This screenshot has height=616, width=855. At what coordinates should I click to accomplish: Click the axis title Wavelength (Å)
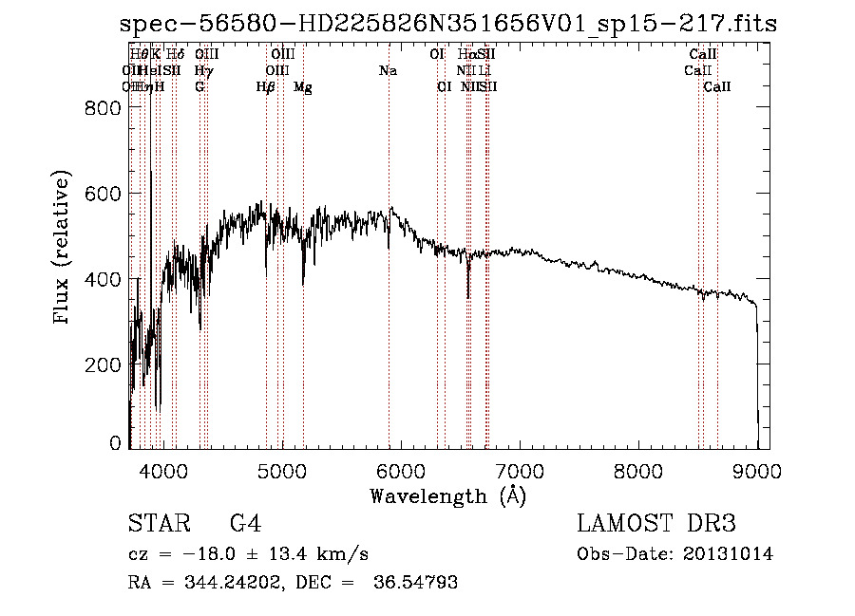click(447, 495)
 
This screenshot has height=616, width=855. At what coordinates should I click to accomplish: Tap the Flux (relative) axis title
click(63, 249)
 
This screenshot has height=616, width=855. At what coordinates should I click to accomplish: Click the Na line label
click(388, 71)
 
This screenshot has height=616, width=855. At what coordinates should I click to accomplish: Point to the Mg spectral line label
click(303, 87)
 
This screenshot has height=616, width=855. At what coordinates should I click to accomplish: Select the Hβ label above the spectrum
click(266, 87)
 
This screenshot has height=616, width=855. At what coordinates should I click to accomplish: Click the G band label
click(199, 87)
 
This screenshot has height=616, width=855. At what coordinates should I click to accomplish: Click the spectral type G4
click(245, 524)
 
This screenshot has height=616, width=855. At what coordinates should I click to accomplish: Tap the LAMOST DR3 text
click(656, 524)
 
